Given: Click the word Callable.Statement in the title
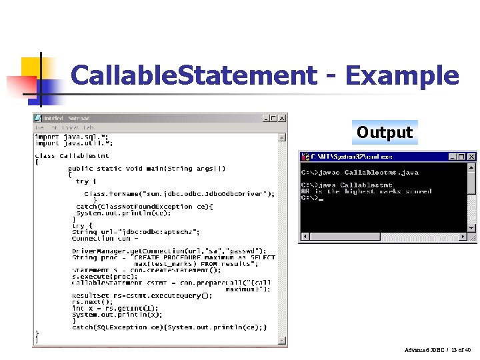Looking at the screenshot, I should pyautogui.click(x=194, y=75).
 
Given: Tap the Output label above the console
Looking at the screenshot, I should pyautogui.click(x=385, y=132).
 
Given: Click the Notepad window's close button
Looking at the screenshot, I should pyautogui.click(x=282, y=118).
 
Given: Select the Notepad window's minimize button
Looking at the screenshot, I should pyautogui.click(x=265, y=118).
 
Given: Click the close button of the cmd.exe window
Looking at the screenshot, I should pyautogui.click(x=471, y=157).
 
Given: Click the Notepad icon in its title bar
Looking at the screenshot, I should pyautogui.click(x=39, y=118).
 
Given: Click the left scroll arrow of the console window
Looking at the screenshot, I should pyautogui.click(x=305, y=237).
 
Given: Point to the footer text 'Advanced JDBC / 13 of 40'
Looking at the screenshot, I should pyautogui.click(x=437, y=350).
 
